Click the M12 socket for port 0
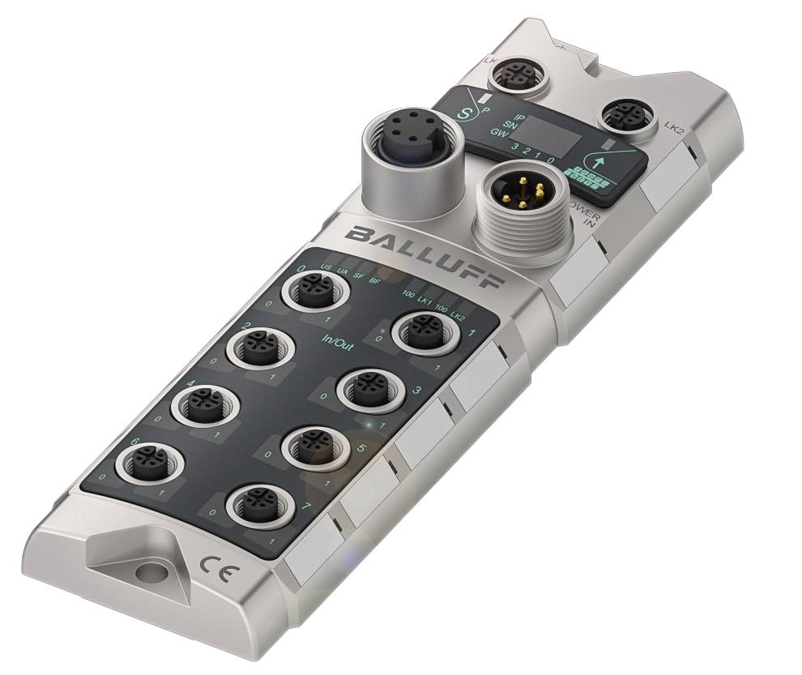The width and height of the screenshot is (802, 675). tap(313, 290)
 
